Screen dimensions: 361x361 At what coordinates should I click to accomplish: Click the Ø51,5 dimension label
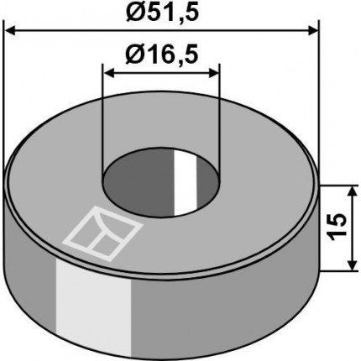point(162,13)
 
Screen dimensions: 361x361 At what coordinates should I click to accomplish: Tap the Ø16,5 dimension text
point(162,55)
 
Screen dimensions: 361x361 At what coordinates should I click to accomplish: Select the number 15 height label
point(336,227)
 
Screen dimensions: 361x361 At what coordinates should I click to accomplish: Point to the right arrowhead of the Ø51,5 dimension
point(313,31)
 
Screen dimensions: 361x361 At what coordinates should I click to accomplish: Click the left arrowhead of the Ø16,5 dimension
point(109,74)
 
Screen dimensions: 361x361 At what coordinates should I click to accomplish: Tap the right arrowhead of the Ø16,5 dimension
point(213,74)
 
